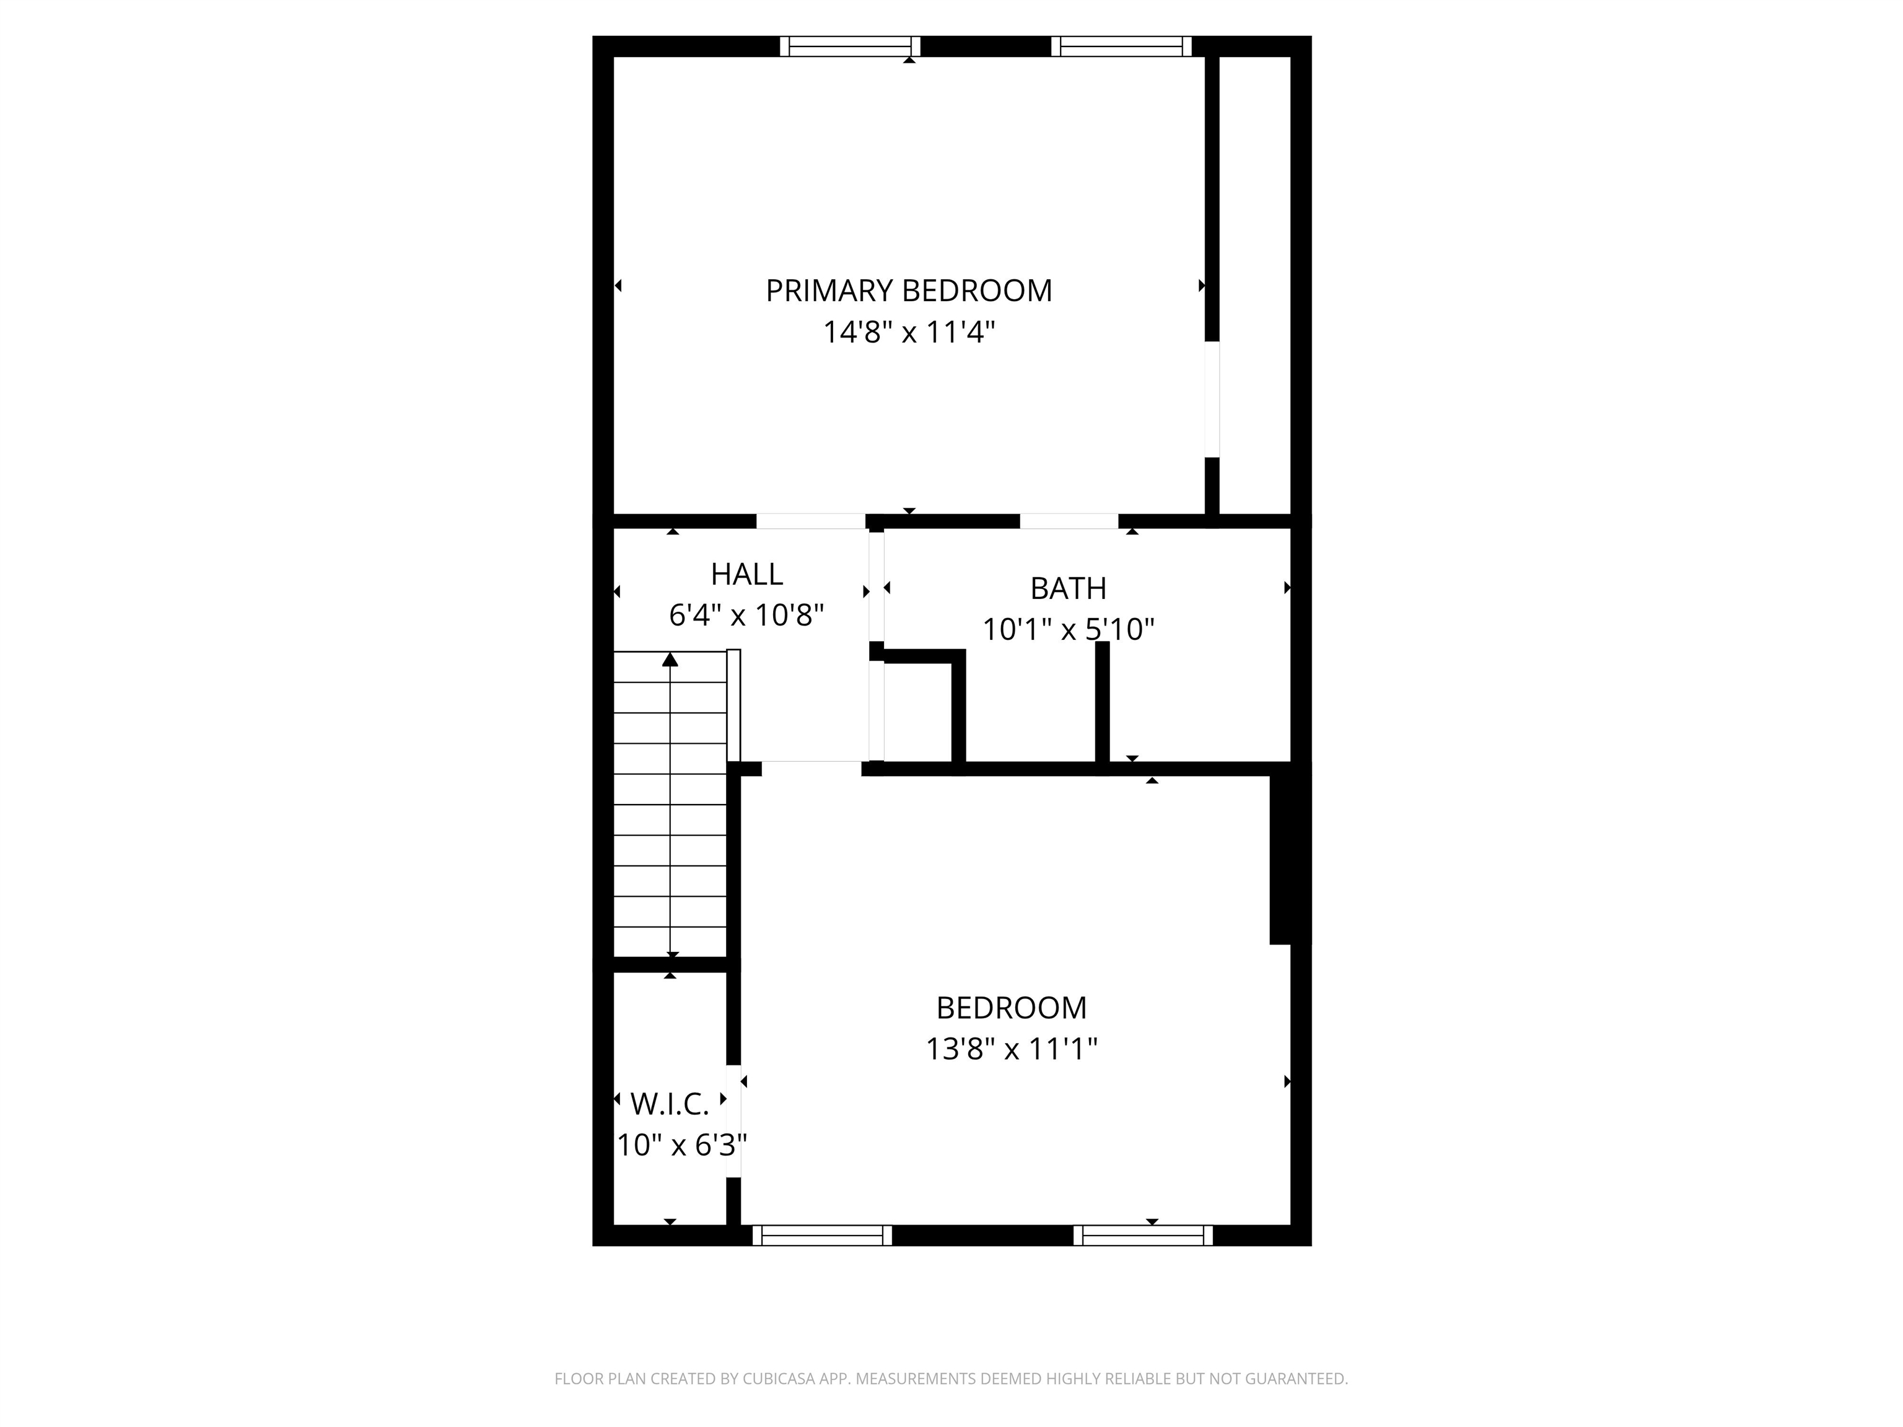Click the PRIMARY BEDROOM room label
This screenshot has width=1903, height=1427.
click(x=909, y=290)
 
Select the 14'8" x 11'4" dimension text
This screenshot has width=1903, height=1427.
click(x=909, y=332)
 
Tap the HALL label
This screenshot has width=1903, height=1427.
click(x=746, y=574)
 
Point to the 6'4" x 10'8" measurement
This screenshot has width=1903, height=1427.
click(x=746, y=615)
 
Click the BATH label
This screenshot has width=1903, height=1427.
click(x=1067, y=588)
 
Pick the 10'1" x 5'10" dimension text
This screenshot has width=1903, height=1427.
click(x=1067, y=630)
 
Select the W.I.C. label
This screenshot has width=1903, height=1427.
click(x=669, y=1104)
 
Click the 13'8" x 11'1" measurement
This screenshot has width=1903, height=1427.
click(x=1011, y=1049)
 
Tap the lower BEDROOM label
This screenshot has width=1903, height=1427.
click(x=1011, y=1007)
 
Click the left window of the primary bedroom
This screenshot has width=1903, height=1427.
click(x=850, y=46)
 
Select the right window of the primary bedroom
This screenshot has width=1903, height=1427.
click(x=1121, y=46)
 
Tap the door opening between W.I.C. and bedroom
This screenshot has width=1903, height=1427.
click(x=733, y=1121)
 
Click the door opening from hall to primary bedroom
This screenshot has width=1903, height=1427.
click(x=810, y=521)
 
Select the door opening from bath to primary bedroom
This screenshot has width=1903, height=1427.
click(x=1069, y=521)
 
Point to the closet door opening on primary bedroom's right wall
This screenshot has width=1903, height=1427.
click(x=1211, y=399)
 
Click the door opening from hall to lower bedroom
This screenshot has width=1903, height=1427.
click(x=812, y=768)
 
